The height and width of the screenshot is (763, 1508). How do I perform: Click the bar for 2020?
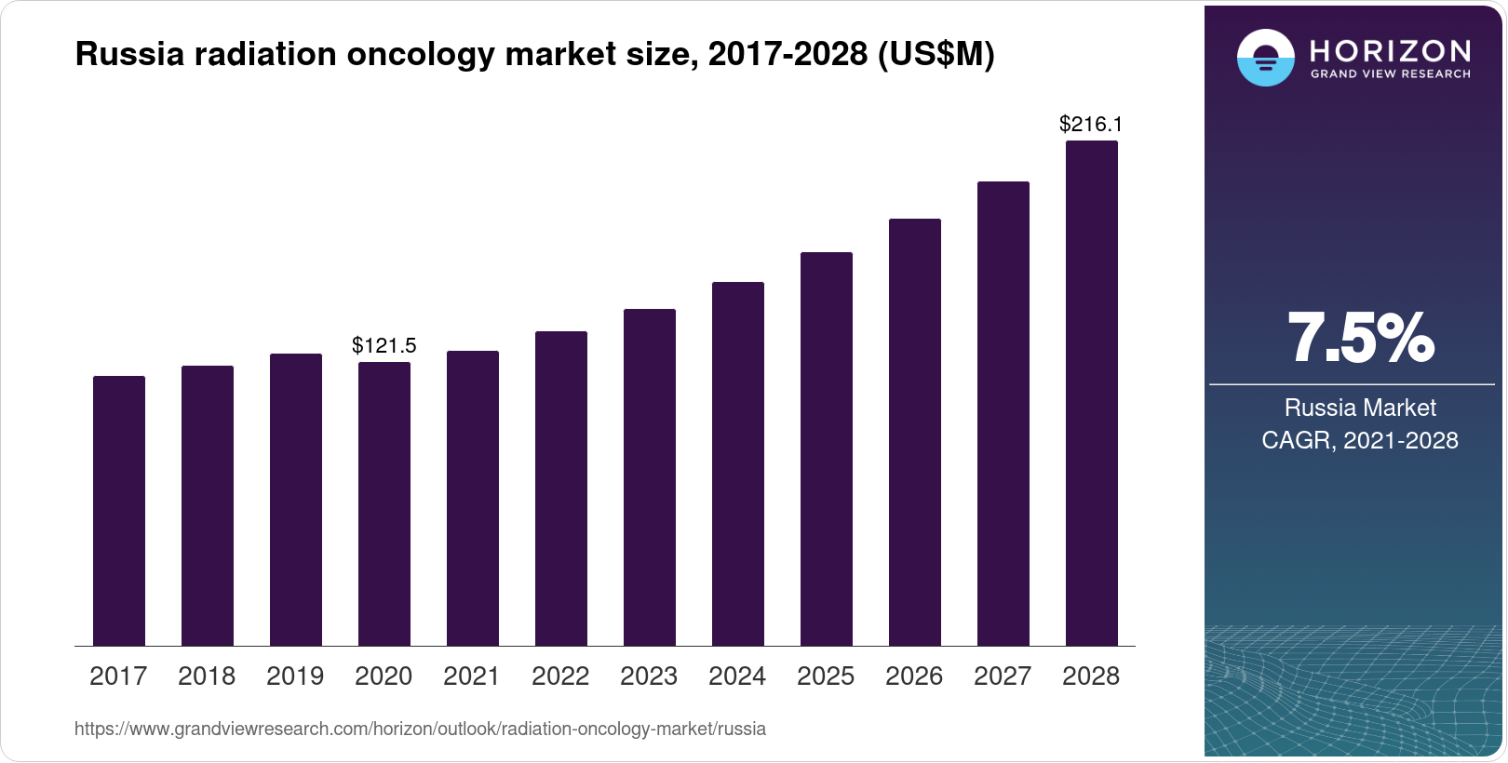click(x=384, y=503)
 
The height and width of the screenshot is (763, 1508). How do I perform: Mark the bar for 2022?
click(x=561, y=488)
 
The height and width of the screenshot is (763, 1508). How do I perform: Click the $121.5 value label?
click(x=384, y=346)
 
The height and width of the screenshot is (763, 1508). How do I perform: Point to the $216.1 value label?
click(x=1091, y=125)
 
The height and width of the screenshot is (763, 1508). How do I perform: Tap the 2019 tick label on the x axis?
click(x=295, y=676)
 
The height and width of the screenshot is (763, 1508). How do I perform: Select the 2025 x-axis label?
click(x=826, y=676)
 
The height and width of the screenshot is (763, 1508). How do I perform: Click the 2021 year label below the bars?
click(x=472, y=676)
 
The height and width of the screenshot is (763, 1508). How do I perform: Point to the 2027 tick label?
click(x=1003, y=676)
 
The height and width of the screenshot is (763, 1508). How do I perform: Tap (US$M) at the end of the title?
click(x=936, y=55)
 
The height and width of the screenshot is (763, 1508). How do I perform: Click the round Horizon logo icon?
click(x=1265, y=59)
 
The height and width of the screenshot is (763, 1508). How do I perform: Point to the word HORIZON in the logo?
click(x=1390, y=50)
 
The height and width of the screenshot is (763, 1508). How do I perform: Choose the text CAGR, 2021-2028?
click(x=1359, y=440)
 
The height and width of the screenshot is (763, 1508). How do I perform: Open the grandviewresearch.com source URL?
click(x=420, y=730)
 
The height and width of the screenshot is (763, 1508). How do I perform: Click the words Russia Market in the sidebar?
click(x=1359, y=408)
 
